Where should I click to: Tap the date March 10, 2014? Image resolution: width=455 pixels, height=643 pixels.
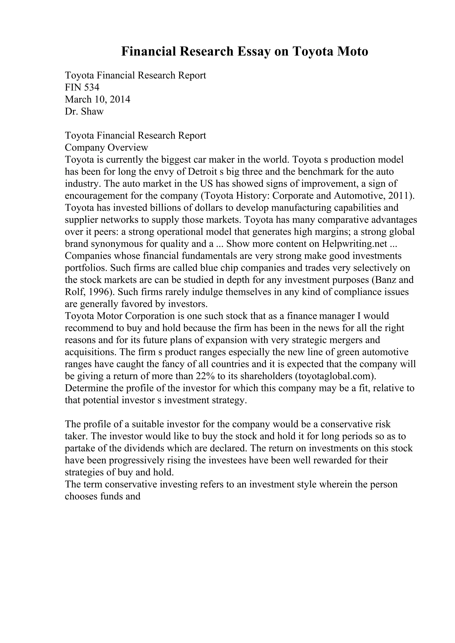tap(98, 99)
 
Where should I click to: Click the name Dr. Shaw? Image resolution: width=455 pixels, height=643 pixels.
tap(84, 111)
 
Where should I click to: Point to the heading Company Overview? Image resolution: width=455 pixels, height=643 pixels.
tap(107, 147)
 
